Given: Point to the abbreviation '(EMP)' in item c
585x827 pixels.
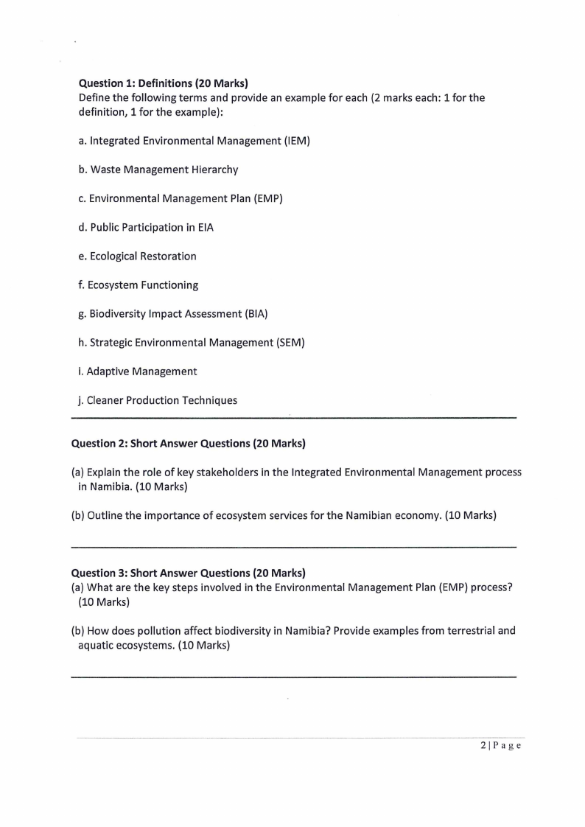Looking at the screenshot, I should (x=267, y=198).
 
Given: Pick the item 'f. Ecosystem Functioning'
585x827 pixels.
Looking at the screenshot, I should (x=139, y=285).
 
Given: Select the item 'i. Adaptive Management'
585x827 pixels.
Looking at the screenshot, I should (x=138, y=371).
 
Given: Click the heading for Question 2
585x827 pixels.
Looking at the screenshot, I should (x=188, y=444).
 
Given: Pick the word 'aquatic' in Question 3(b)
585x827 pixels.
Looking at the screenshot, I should (x=97, y=646).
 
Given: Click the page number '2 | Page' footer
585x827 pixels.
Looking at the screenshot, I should (x=500, y=746).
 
